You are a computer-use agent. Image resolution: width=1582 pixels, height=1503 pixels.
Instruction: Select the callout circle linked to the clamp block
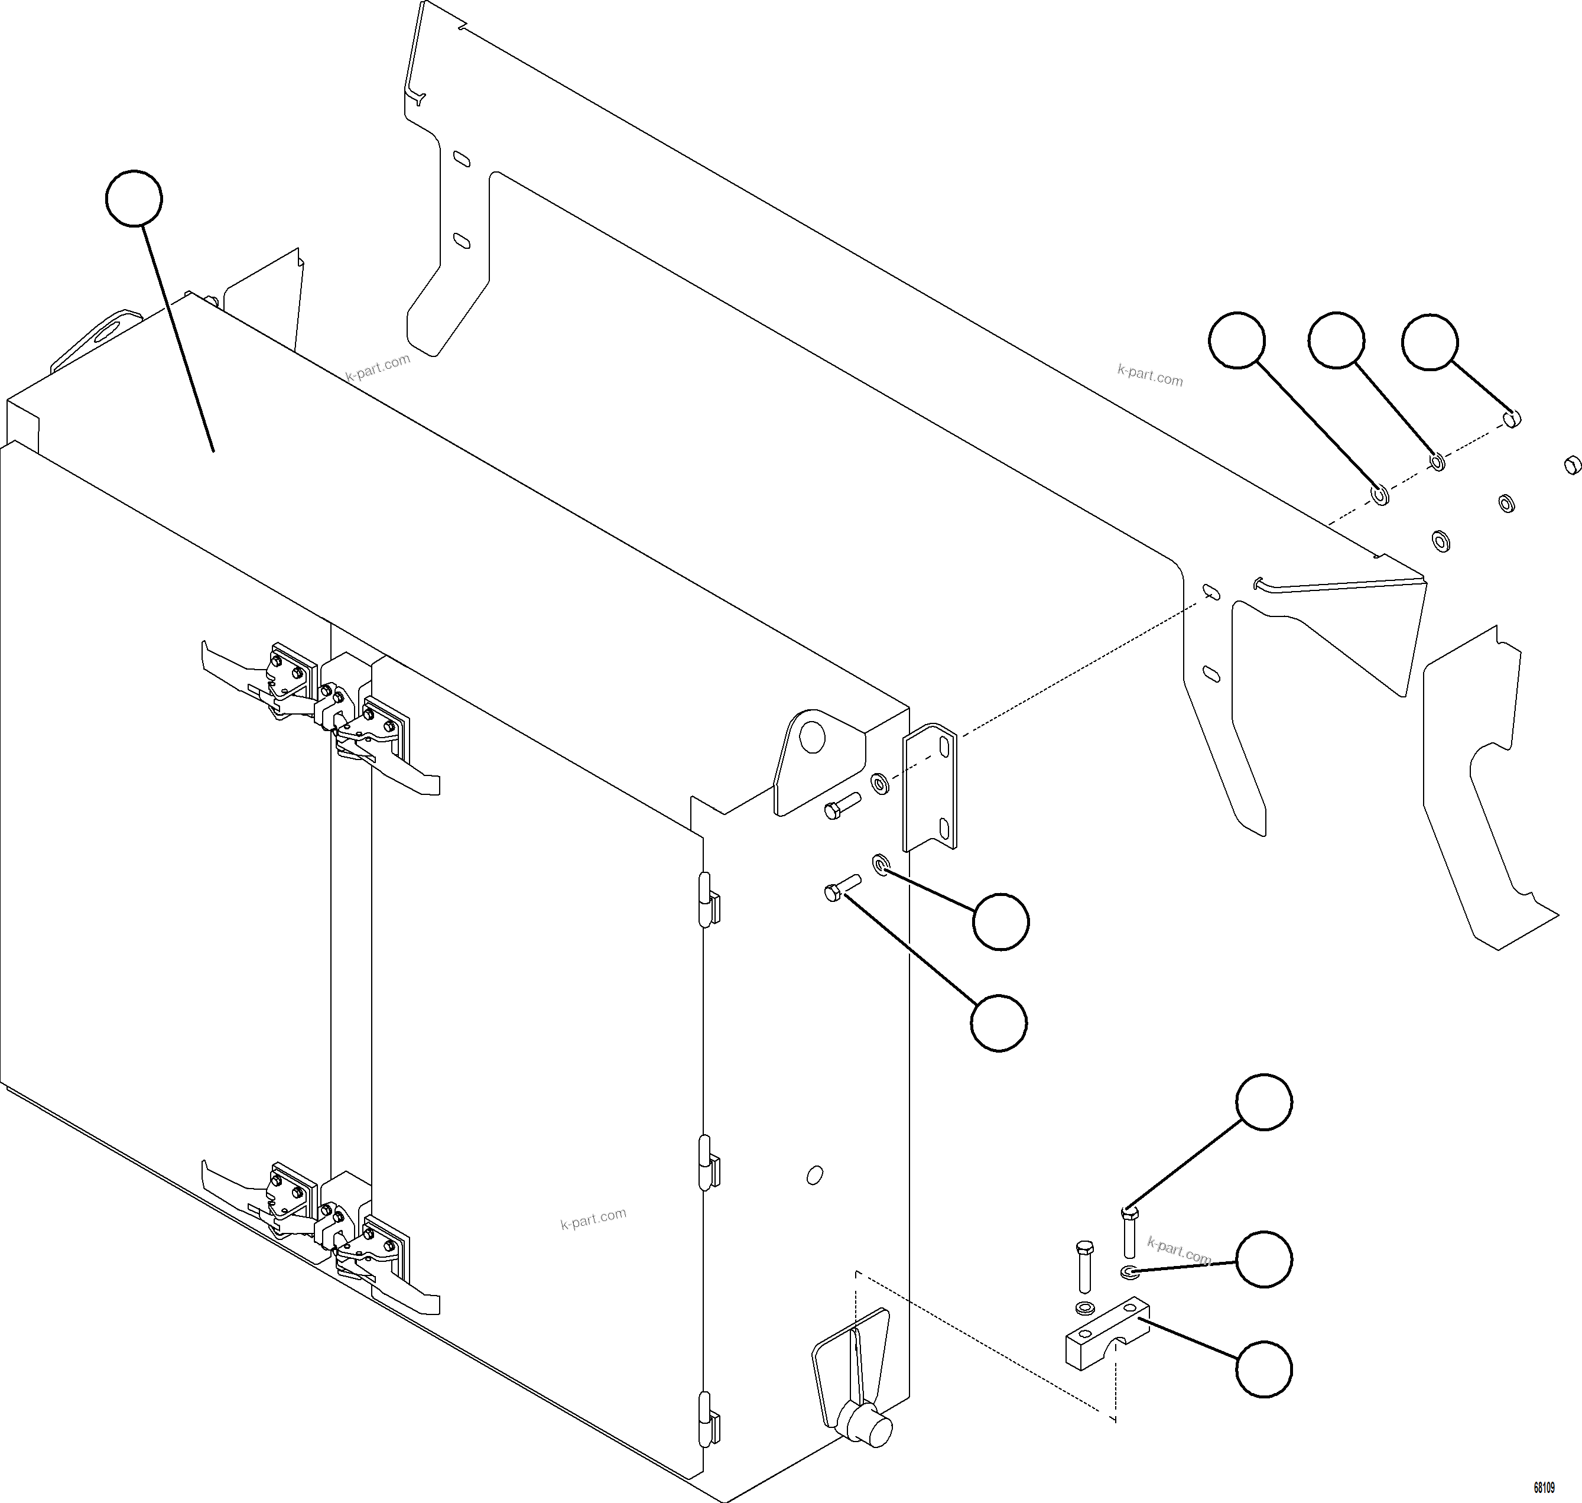(1264, 1369)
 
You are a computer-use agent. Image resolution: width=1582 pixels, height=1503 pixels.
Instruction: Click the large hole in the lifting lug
(812, 737)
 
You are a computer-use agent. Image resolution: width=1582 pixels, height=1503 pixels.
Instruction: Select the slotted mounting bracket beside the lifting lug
(930, 787)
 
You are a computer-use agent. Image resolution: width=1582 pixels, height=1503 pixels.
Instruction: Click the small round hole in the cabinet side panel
(814, 1176)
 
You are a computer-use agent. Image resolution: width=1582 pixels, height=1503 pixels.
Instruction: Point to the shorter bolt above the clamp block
(1084, 1267)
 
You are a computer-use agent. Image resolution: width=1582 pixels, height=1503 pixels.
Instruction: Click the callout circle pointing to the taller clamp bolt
(1264, 1102)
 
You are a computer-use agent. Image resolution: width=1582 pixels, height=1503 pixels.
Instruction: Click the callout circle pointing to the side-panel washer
(1000, 922)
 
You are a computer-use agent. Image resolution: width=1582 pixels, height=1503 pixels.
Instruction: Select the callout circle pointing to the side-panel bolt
(998, 1022)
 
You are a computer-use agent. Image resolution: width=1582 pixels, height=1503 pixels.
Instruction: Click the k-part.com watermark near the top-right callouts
(1149, 374)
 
